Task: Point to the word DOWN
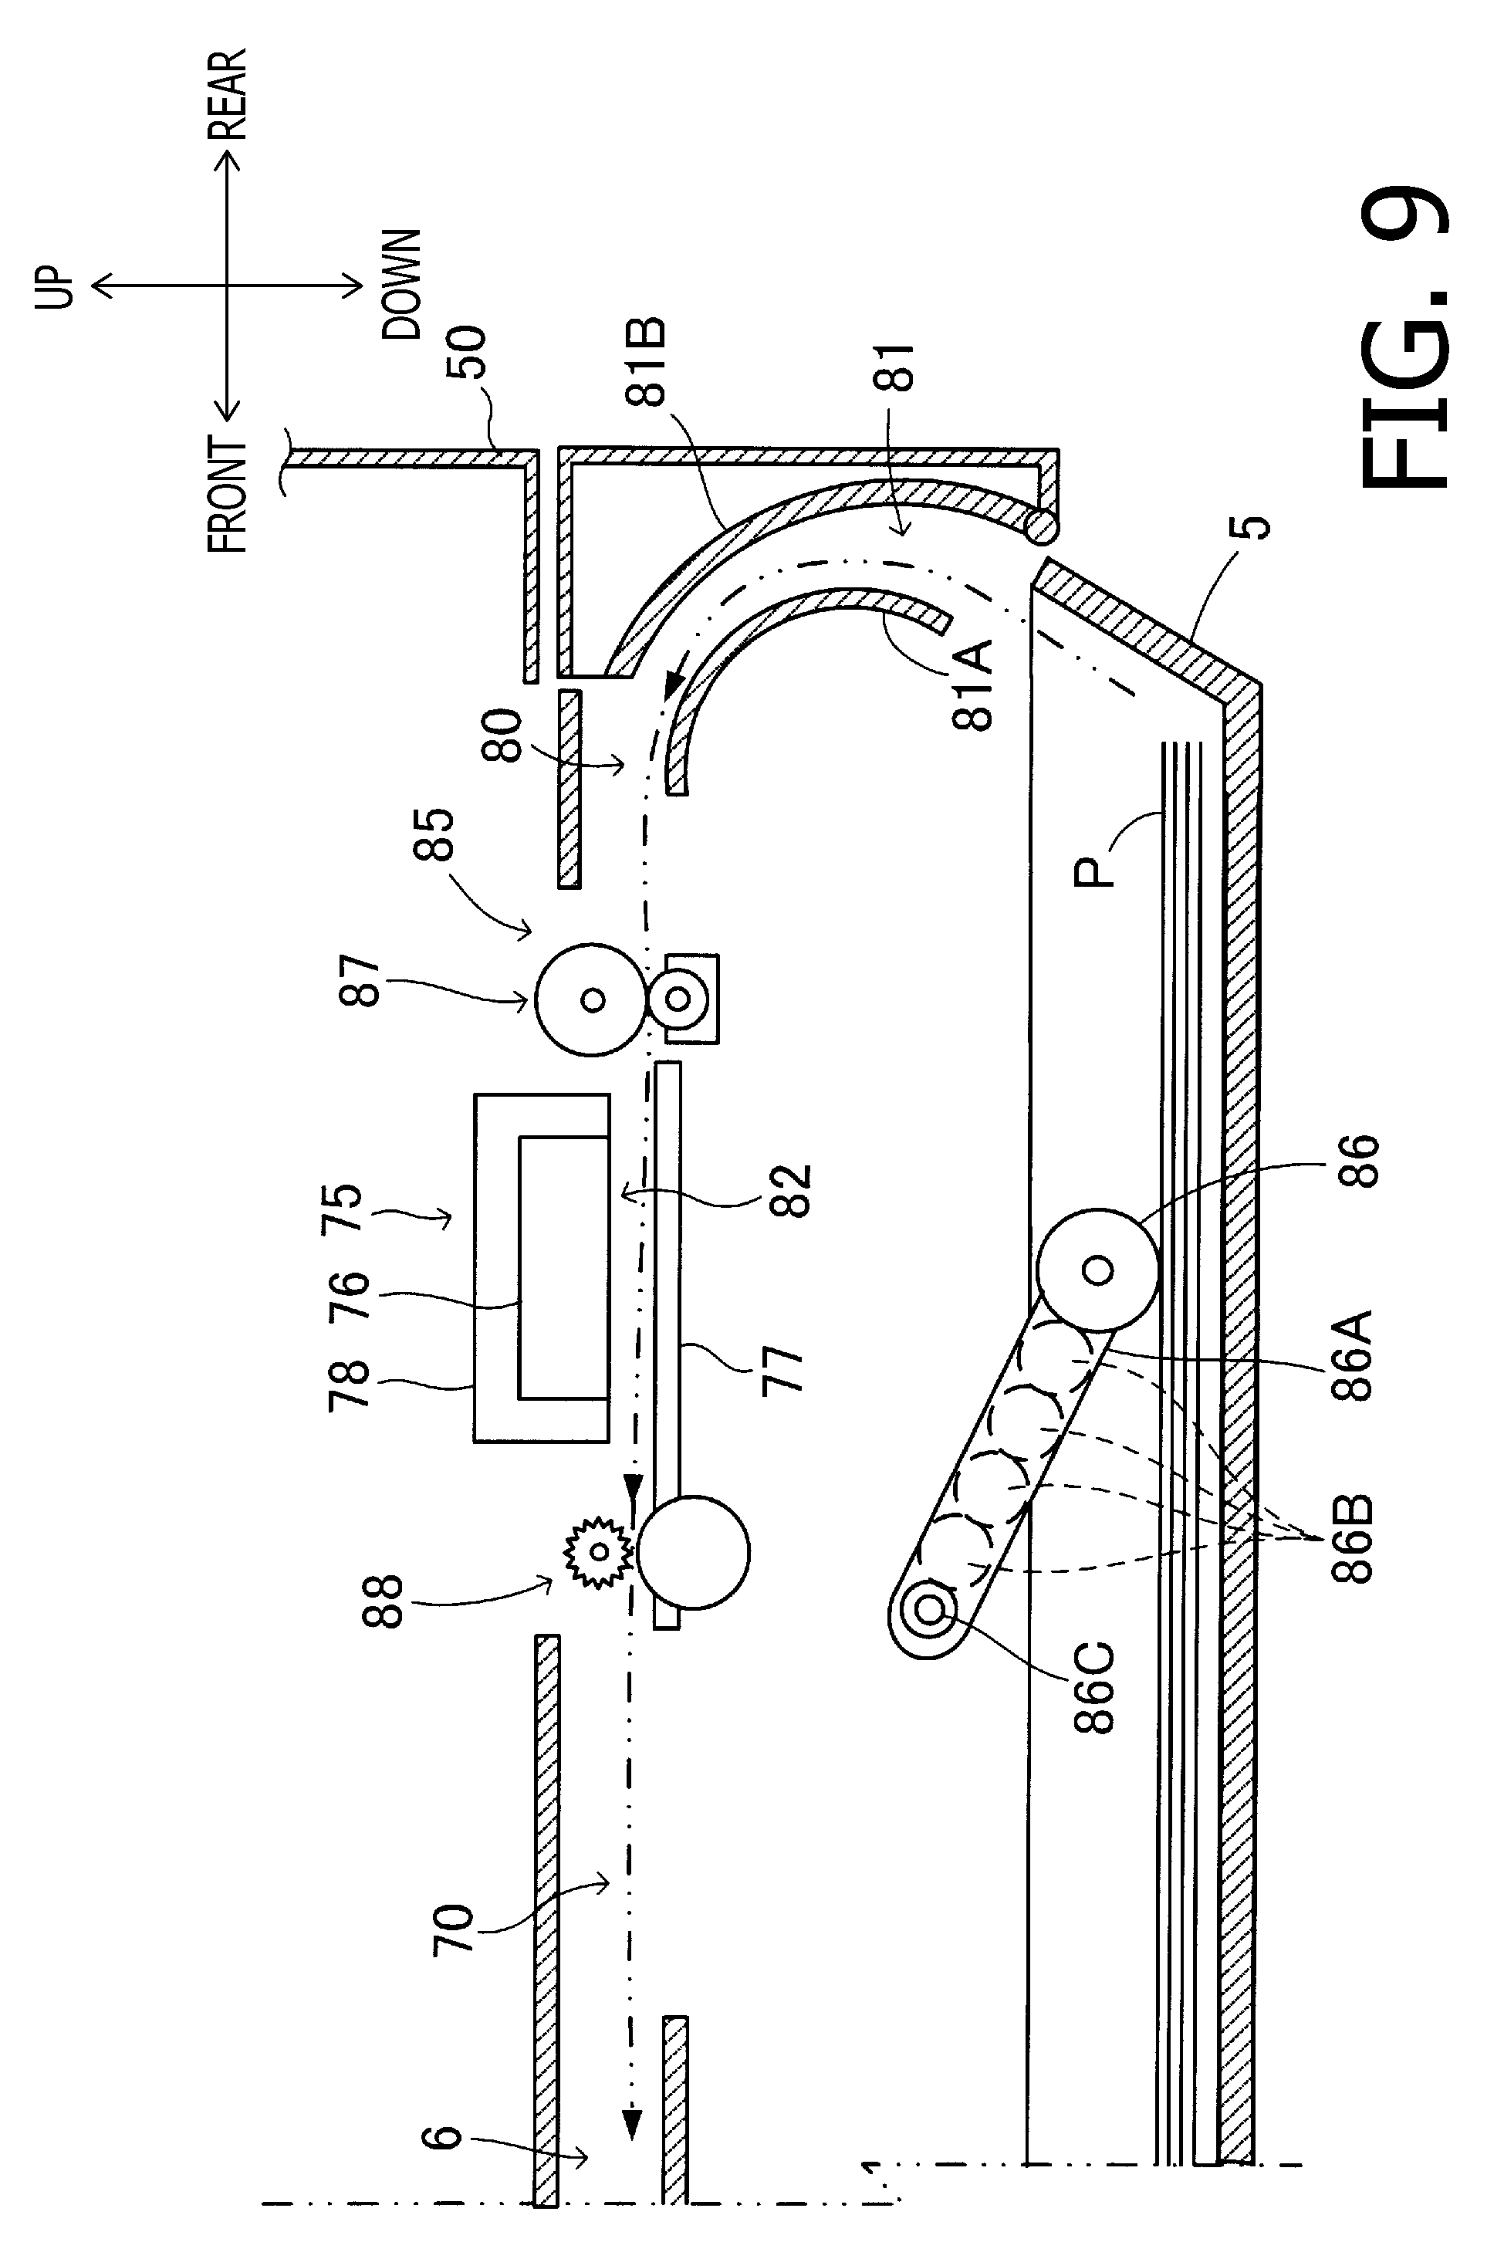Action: (401, 285)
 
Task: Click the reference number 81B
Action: (647, 362)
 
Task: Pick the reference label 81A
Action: (972, 686)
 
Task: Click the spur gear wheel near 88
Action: (599, 1551)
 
